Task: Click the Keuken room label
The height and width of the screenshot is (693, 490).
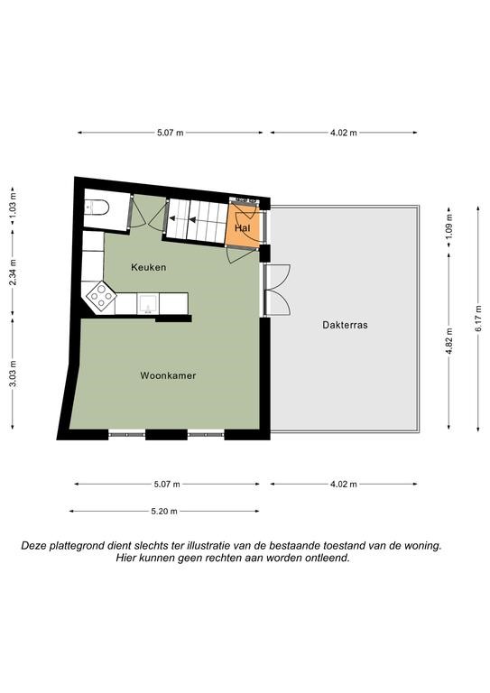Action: [149, 267]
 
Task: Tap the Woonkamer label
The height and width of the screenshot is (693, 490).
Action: [168, 375]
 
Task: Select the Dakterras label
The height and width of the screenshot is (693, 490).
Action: [345, 325]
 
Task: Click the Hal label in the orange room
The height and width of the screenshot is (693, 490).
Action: [242, 228]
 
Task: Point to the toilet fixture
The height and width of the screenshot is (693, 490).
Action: [97, 208]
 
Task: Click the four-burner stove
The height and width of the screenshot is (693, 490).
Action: [101, 296]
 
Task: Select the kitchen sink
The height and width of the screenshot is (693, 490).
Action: [148, 303]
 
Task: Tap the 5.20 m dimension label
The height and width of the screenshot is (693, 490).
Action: [164, 512]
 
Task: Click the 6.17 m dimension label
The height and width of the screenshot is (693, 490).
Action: [478, 319]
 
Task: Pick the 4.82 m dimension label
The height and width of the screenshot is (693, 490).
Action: [449, 341]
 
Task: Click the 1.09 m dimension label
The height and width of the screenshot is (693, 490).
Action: [449, 226]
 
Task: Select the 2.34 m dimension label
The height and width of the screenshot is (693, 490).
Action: [13, 272]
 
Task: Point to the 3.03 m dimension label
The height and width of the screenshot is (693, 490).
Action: [13, 374]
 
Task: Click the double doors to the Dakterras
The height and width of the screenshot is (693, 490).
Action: [277, 290]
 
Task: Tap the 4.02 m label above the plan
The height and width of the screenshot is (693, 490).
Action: [344, 133]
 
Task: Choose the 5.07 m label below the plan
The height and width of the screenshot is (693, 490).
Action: [167, 485]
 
